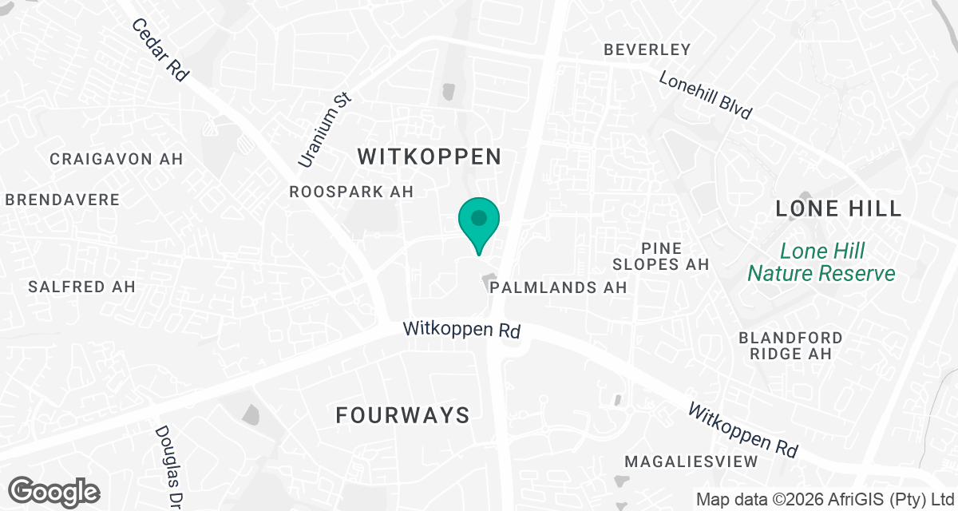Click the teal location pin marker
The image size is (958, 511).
point(478,221)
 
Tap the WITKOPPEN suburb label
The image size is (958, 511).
point(430,156)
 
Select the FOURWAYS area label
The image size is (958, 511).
point(402,415)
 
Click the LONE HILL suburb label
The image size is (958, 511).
point(838,209)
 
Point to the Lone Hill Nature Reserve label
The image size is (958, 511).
point(821,263)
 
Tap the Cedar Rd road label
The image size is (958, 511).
point(160,50)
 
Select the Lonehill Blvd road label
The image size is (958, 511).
point(706,95)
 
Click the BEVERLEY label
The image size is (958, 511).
point(647,50)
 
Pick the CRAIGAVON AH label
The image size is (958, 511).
point(117,159)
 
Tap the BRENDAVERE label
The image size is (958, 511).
point(62,200)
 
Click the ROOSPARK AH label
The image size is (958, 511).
point(351,192)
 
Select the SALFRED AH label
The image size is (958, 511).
point(81,287)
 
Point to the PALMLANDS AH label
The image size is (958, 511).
point(559,287)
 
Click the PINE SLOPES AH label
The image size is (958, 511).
point(660,255)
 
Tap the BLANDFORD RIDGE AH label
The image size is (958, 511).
point(790,346)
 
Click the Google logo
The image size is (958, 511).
point(53,490)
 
